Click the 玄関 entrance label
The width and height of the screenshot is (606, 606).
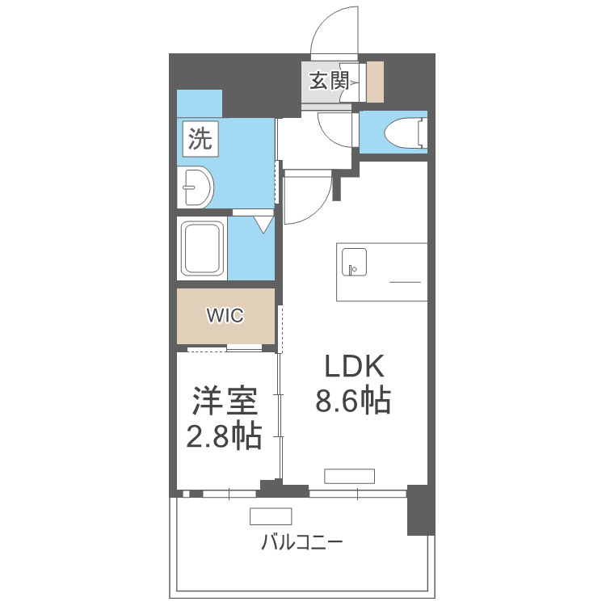(x=328, y=81)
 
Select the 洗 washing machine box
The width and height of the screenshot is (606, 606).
(x=200, y=138)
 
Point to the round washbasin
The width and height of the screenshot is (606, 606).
(x=196, y=188)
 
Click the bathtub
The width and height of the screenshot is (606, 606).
(x=203, y=249)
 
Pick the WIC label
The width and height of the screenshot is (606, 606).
(x=225, y=316)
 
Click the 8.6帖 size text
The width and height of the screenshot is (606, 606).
(x=354, y=402)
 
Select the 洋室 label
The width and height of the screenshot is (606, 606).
(x=224, y=402)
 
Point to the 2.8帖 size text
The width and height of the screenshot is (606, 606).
(x=224, y=437)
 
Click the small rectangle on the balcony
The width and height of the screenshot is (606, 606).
(x=270, y=516)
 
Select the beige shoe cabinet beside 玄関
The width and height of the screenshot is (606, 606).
(x=375, y=82)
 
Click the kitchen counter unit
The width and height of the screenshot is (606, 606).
(x=381, y=271)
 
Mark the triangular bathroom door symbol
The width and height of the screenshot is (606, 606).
(x=264, y=224)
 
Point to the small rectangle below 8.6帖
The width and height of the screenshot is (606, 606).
(x=350, y=475)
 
